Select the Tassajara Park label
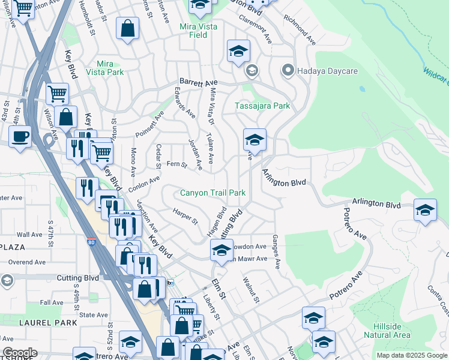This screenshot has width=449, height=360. [262, 106]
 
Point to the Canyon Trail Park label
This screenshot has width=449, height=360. [213, 193]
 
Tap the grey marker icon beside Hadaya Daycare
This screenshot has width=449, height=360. [288, 71]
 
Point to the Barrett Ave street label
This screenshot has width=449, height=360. [197, 83]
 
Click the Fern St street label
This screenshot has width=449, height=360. [176, 164]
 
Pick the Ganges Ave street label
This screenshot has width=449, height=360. [277, 251]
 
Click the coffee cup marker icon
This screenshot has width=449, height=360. [20, 136]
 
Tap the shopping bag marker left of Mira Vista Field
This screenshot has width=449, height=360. [128, 28]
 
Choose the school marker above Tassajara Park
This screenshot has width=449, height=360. [238, 52]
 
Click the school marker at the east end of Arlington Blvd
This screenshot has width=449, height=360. [425, 211]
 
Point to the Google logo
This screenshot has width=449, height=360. [20, 353]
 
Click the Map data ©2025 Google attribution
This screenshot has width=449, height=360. [412, 355]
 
